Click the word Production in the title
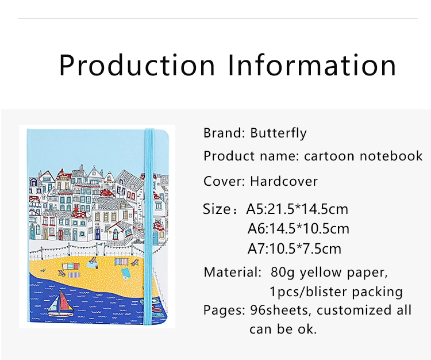pos(137,65)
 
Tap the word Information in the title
pos(312,65)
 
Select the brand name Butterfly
pos(278,133)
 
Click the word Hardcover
pos(284,181)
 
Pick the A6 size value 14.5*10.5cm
pos(309,229)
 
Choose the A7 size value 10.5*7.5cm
pos(305,248)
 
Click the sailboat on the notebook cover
pos(60,303)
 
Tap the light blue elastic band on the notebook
pos(149,225)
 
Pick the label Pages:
pos(224,311)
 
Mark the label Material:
pos(232,272)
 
